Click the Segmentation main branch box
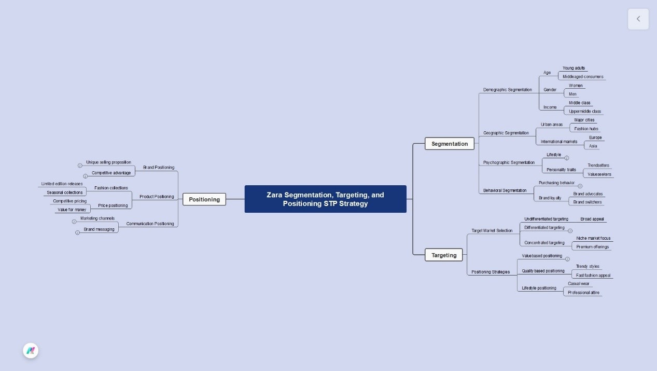click(x=449, y=144)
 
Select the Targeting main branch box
click(x=444, y=255)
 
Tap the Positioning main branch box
click(x=204, y=199)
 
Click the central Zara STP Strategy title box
click(x=325, y=199)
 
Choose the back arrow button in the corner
click(x=638, y=19)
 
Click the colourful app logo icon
click(x=31, y=351)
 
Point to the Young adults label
click(x=574, y=68)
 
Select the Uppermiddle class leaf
click(x=584, y=111)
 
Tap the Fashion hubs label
click(x=586, y=129)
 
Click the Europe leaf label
click(x=595, y=138)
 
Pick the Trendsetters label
click(x=598, y=166)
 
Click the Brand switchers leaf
click(x=588, y=202)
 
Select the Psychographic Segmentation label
click(x=509, y=162)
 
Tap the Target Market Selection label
click(x=492, y=230)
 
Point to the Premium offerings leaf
click(x=592, y=247)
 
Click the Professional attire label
click(x=583, y=293)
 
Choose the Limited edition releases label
click(x=62, y=184)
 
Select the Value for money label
click(x=72, y=210)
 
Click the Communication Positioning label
click(x=150, y=224)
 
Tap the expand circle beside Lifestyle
click(x=567, y=158)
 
